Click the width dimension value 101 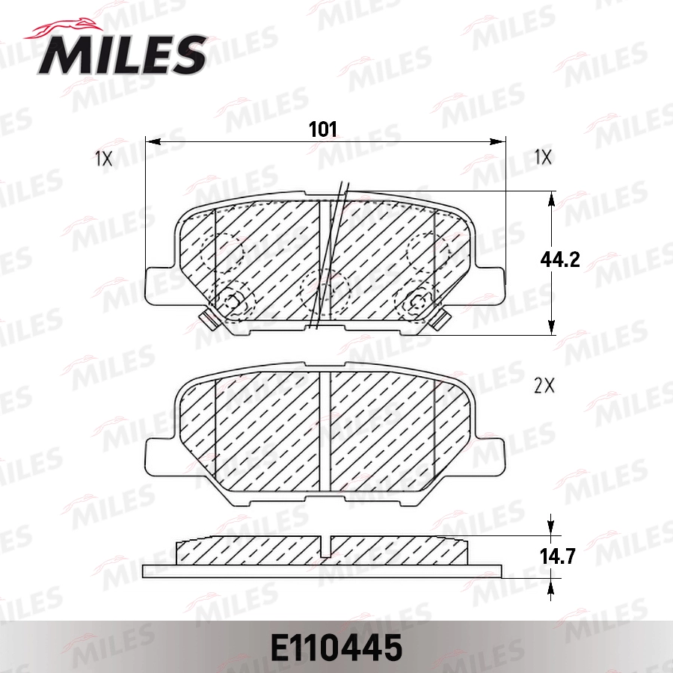[323, 129]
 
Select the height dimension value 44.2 [560, 259]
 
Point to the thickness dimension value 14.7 [560, 556]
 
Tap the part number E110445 [336, 648]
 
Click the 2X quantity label [543, 386]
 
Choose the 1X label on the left [103, 158]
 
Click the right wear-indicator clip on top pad [441, 320]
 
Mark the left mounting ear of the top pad [159, 283]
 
